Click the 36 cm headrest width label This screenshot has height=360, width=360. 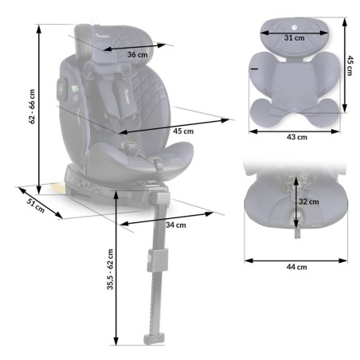click(137, 54)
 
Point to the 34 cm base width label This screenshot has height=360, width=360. click(177, 225)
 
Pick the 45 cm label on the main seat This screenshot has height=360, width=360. click(182, 131)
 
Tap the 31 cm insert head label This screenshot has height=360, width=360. click(295, 37)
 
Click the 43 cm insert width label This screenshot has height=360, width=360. click(296, 137)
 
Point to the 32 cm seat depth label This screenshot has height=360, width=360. click(308, 202)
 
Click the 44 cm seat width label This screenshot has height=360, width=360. click(296, 268)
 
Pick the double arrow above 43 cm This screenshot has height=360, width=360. click(296, 127)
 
